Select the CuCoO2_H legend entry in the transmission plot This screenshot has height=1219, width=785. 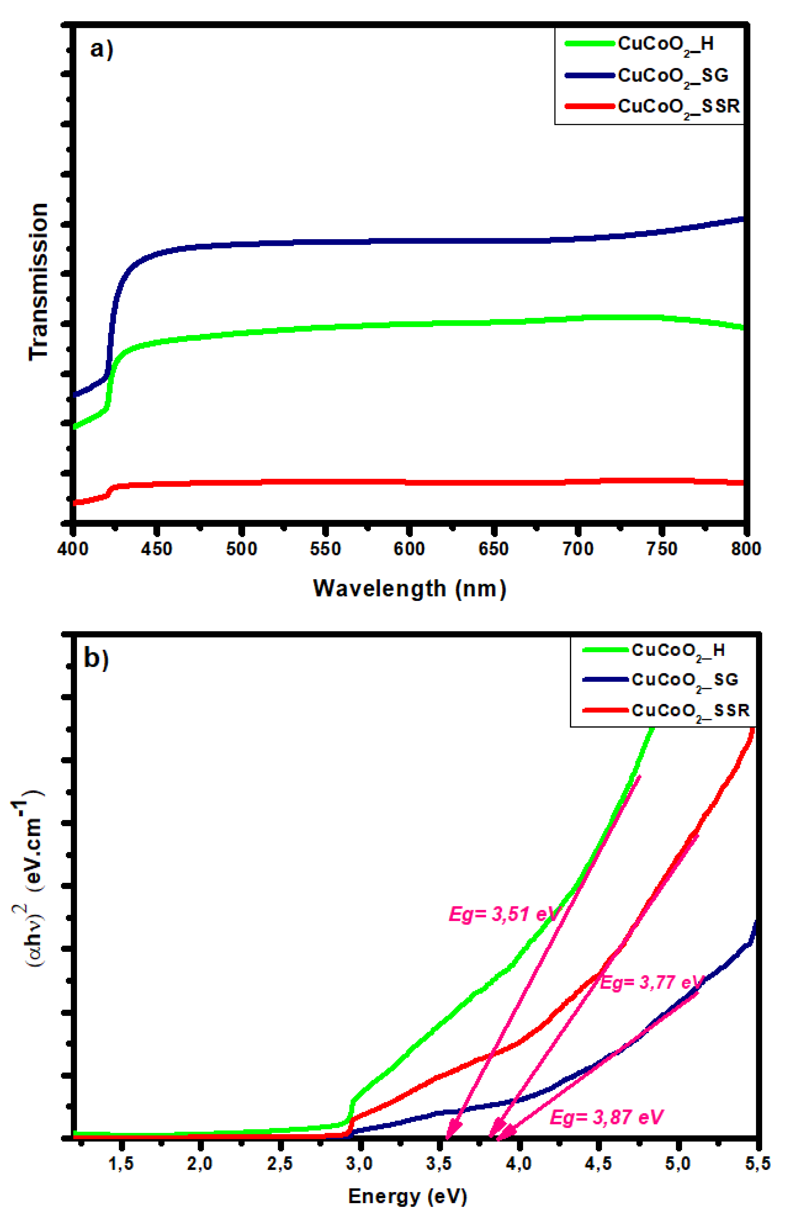[665, 44]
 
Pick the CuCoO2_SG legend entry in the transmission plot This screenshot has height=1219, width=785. [673, 76]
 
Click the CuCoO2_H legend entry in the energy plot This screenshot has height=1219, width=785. [678, 650]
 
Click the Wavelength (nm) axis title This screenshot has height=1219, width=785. [409, 589]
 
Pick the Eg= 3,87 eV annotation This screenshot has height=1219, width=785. [607, 1118]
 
